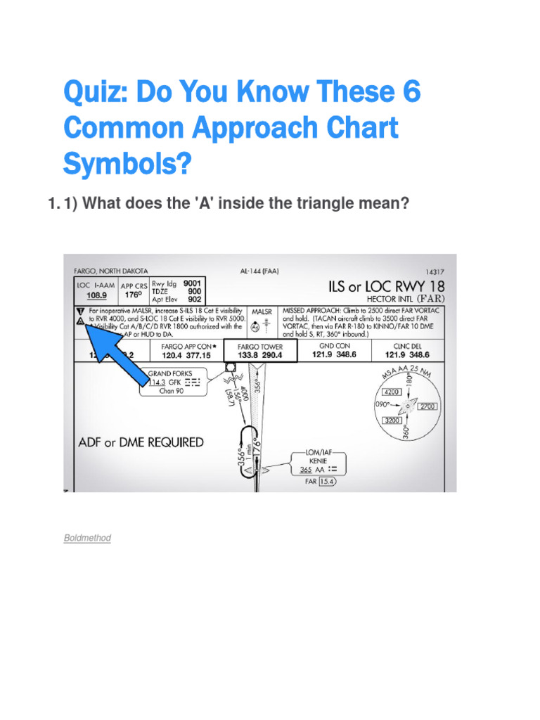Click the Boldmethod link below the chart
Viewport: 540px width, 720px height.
pos(86,538)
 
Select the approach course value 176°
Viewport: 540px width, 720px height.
pos(133,295)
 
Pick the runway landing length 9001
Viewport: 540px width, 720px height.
pos(192,283)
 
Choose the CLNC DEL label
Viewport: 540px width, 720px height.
pos(410,346)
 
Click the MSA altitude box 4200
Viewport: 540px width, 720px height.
pos(392,392)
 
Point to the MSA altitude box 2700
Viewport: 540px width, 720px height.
pos(427,406)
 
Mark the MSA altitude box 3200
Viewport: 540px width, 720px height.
pos(392,420)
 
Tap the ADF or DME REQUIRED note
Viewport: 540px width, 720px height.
pos(141,442)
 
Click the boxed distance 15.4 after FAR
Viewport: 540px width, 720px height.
pos(327,482)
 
